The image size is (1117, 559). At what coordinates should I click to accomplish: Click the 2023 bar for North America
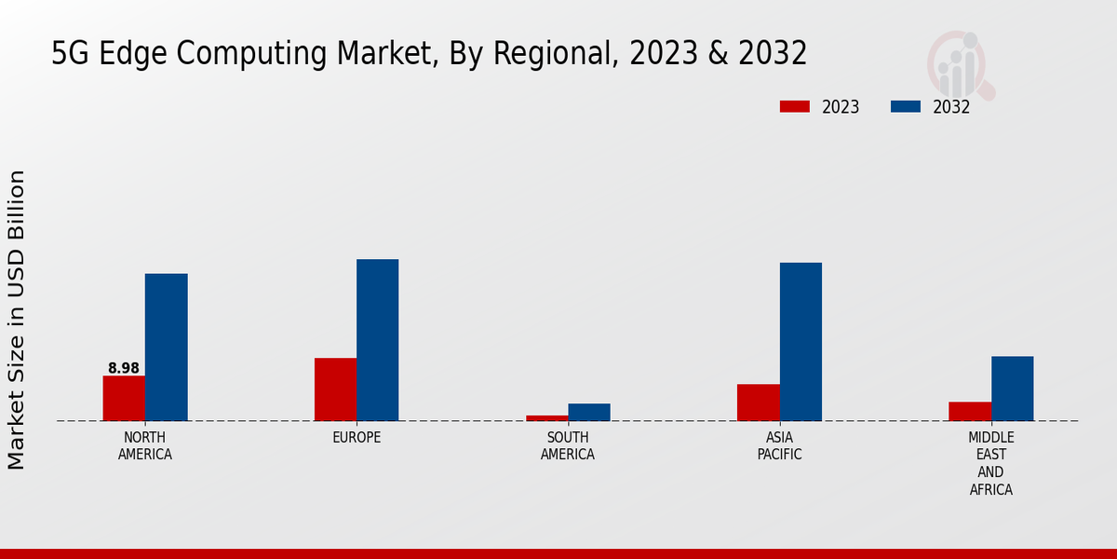(124, 398)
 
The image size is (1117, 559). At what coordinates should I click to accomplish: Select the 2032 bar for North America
(167, 347)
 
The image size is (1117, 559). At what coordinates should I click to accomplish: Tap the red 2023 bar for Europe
(335, 389)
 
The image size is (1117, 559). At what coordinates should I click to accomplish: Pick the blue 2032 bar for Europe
(378, 340)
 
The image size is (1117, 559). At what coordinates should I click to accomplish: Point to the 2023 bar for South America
(546, 418)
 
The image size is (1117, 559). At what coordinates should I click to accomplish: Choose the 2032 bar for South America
(589, 412)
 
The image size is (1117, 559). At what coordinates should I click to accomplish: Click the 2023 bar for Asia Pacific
(759, 402)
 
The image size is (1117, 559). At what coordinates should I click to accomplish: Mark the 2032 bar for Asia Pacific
(801, 342)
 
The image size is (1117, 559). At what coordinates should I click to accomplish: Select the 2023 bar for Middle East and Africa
(970, 411)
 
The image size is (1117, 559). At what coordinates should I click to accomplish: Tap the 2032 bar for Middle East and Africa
(1013, 389)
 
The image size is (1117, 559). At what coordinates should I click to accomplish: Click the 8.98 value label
(124, 368)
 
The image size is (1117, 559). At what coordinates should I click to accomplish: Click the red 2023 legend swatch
(794, 107)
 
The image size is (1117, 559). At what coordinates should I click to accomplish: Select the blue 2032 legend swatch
(906, 107)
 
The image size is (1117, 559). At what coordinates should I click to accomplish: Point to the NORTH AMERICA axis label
(145, 446)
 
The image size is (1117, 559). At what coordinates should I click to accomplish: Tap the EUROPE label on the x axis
(357, 438)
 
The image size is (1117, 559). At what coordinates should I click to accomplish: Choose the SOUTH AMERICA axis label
(568, 446)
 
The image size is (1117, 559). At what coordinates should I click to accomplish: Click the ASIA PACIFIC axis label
(780, 446)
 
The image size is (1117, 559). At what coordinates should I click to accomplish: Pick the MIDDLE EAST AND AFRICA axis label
(991, 464)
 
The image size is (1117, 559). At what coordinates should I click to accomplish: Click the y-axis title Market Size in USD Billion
(18, 320)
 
